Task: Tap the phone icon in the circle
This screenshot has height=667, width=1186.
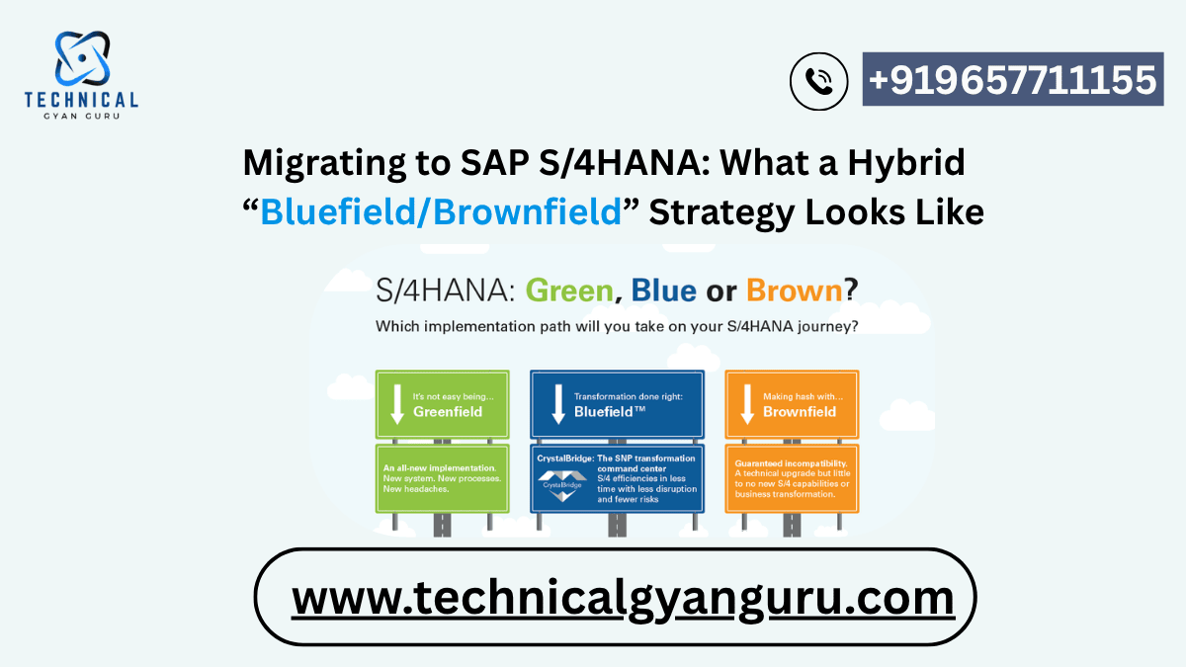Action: click(x=819, y=81)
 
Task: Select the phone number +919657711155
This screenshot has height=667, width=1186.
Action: click(x=1012, y=79)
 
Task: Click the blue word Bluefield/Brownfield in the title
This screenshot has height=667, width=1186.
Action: click(x=441, y=211)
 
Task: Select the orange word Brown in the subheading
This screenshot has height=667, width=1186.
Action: click(x=794, y=291)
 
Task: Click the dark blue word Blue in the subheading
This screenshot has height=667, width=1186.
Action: click(x=663, y=291)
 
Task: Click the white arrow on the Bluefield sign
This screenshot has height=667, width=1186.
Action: click(x=557, y=404)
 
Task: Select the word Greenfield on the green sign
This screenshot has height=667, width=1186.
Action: click(x=448, y=411)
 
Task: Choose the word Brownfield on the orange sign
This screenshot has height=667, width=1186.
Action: click(x=800, y=411)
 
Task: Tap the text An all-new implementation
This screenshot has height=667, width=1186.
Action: click(x=440, y=465)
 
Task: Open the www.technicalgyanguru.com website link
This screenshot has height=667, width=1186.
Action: click(x=623, y=598)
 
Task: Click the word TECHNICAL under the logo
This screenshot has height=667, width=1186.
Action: click(x=81, y=99)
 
